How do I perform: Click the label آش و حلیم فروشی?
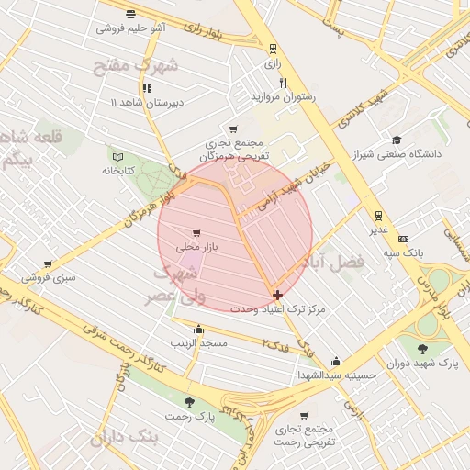131,28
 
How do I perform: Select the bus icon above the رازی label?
272,50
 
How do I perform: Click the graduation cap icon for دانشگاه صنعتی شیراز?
397,140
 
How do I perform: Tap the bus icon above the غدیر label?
377,216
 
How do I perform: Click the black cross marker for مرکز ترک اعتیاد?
277,295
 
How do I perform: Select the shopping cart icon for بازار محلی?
196,233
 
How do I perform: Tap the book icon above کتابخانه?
116,154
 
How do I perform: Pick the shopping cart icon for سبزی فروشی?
48,263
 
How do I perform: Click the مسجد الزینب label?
197,342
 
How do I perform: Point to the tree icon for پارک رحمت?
189,402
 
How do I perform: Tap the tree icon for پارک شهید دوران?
422,348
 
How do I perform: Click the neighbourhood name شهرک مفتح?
134,65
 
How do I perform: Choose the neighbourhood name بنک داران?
125,438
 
